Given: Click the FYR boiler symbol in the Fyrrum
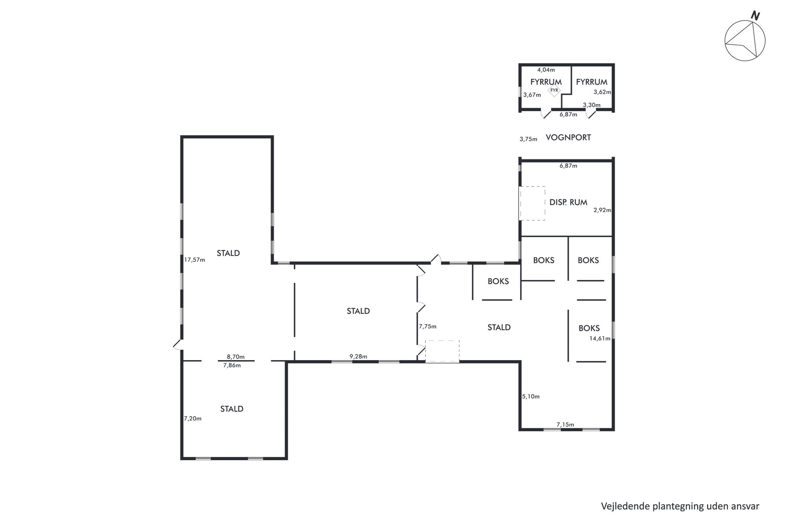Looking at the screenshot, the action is [x=554, y=91].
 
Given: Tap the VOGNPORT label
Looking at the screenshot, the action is [x=568, y=137].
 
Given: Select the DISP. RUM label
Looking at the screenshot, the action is [x=568, y=203].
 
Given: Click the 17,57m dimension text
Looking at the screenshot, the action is [x=195, y=259].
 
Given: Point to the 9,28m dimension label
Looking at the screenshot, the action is [x=359, y=357].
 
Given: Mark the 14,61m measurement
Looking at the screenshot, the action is [x=600, y=338].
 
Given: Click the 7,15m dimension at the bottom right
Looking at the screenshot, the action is [x=565, y=424].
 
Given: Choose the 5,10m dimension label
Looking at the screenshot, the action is [x=531, y=397].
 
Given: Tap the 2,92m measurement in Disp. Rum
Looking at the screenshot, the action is [x=602, y=210].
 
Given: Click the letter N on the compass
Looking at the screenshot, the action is [x=755, y=16].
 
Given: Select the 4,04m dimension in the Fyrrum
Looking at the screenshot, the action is [x=546, y=70].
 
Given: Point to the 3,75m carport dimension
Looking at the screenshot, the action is [x=528, y=139].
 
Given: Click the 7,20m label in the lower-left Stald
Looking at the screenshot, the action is [x=193, y=419].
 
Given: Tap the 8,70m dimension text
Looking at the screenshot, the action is [x=236, y=357].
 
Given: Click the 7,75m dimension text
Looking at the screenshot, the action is [x=428, y=326].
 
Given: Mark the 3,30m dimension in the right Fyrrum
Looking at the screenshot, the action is [x=592, y=105].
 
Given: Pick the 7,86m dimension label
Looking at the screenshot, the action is [x=232, y=365].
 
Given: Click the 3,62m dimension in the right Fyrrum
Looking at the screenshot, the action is [x=602, y=92].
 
